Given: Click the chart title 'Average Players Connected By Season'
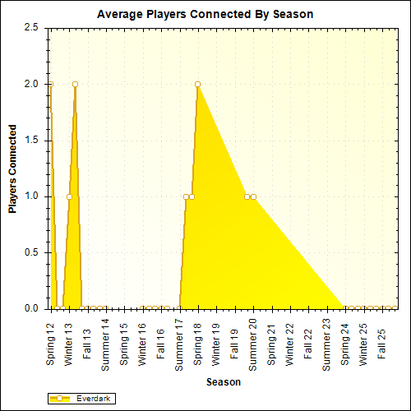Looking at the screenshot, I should click(205, 15).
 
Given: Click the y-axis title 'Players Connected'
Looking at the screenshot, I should click(12, 169).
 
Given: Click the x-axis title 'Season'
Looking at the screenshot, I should click(224, 382).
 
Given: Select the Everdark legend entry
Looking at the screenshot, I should click(82, 399).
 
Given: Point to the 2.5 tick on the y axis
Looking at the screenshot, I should click(32, 27).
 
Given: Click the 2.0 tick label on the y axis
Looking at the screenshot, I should click(32, 84).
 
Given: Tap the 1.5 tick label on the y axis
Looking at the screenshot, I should click(32, 140).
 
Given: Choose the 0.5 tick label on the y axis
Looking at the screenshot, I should click(32, 252).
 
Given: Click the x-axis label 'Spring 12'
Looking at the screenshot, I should click(51, 344).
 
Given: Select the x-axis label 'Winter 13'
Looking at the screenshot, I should click(69, 344).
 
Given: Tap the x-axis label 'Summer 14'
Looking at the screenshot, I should click(105, 342).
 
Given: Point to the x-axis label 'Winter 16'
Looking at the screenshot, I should click(142, 344).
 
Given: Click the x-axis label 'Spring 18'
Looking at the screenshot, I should click(197, 344).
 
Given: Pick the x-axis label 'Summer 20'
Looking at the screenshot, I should click(252, 342).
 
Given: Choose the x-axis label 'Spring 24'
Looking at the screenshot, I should click(345, 344).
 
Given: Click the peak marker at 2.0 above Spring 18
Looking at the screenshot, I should click(197, 84).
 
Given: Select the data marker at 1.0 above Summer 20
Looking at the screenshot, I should click(253, 196).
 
